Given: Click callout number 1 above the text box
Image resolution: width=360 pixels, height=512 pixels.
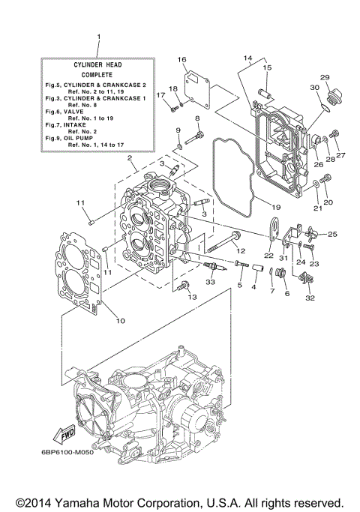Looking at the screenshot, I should (97, 36).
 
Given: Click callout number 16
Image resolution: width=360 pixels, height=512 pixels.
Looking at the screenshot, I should (181, 58).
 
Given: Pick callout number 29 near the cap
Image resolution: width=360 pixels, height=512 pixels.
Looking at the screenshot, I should (325, 77).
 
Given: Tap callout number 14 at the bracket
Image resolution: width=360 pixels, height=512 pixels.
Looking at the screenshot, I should (248, 58).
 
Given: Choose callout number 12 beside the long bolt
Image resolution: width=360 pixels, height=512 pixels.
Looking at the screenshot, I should (240, 249).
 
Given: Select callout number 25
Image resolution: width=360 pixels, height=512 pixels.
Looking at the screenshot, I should (333, 234).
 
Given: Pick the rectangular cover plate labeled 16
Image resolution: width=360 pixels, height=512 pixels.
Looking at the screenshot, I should (199, 84).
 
